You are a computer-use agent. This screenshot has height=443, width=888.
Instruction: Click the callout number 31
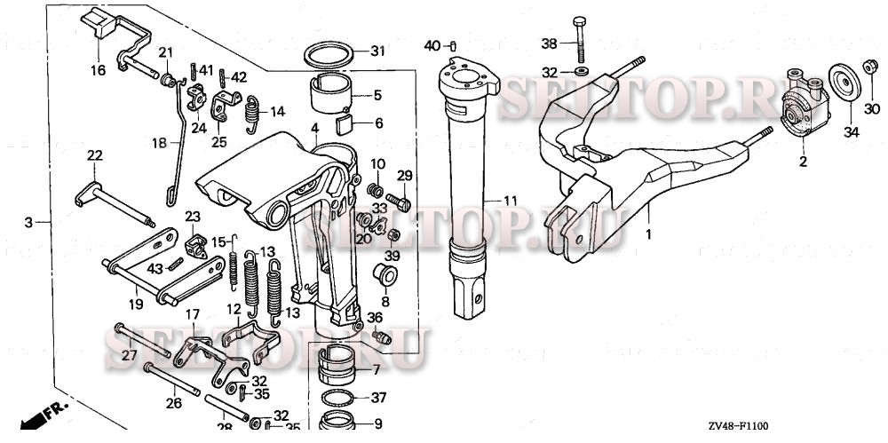(x=377, y=51)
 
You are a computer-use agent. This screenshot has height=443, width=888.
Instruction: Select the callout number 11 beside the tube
(x=510, y=202)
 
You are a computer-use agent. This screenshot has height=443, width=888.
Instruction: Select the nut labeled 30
(x=871, y=67)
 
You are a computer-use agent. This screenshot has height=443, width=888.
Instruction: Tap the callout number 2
(x=803, y=162)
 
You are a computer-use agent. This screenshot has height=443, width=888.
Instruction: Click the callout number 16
(x=98, y=70)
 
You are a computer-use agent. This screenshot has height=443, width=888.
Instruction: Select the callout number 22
(x=95, y=155)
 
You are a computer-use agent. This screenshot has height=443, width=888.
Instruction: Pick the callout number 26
(x=173, y=402)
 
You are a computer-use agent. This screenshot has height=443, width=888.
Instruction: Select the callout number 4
(x=314, y=130)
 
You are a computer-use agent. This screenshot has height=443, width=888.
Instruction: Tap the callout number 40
(x=432, y=44)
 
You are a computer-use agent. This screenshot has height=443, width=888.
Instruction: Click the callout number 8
(x=360, y=302)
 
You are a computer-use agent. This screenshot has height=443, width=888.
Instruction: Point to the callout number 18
(x=159, y=142)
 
